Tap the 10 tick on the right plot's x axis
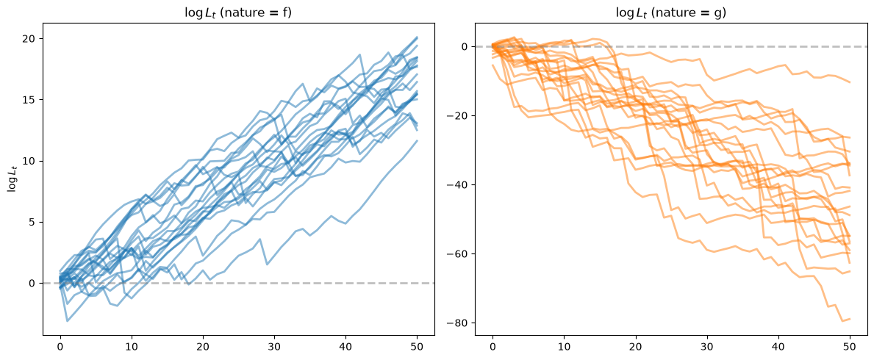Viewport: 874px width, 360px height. click(x=564, y=345)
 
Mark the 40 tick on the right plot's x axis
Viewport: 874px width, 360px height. click(x=778, y=345)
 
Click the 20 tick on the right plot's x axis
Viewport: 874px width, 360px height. click(x=635, y=345)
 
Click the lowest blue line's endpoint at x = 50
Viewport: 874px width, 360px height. click(x=417, y=140)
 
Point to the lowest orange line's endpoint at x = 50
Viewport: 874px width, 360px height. click(x=850, y=319)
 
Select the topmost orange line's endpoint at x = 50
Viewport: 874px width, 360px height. click(x=850, y=82)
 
